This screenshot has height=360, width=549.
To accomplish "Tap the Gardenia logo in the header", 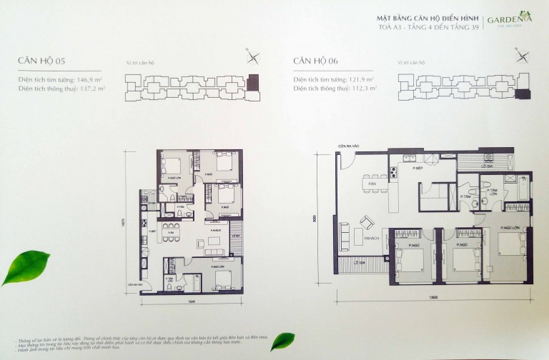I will coord(508,21).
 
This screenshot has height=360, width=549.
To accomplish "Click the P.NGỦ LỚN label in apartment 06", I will coord(509,227).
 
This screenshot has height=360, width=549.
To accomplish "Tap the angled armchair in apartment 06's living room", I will coord(365,222).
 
